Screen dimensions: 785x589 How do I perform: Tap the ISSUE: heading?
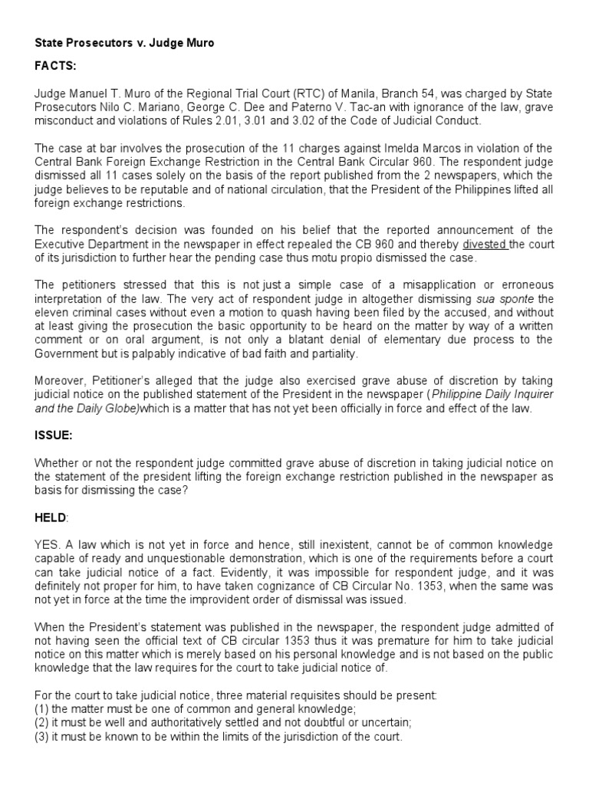(x=53, y=435)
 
